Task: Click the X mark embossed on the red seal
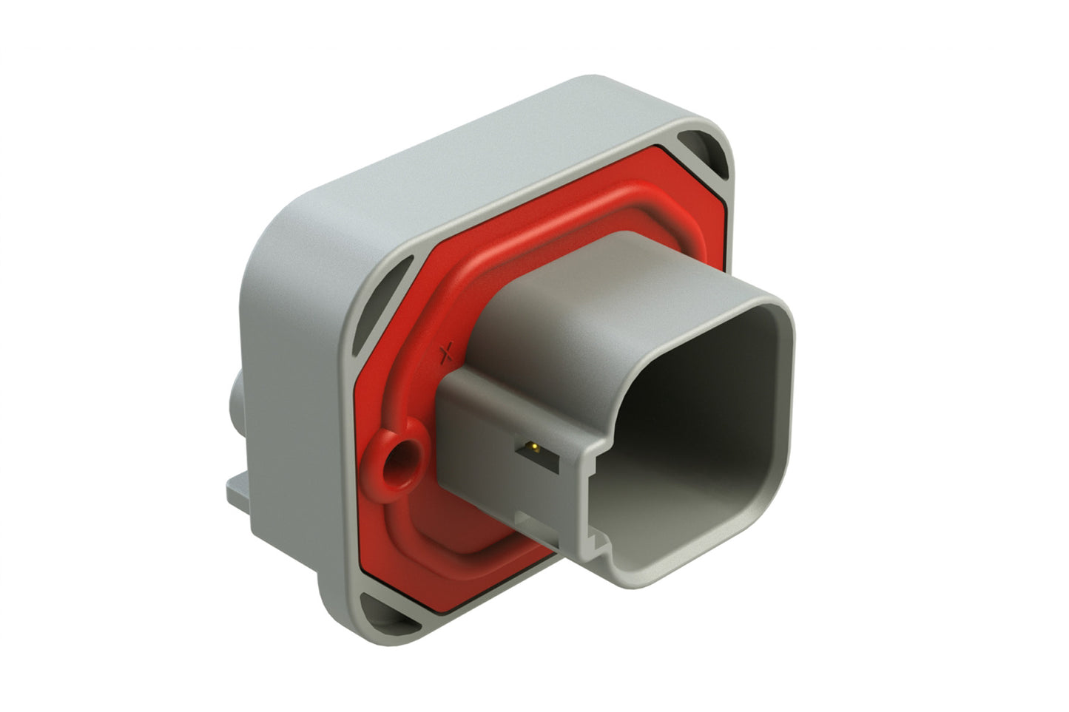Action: (x=445, y=355)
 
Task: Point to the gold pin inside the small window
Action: (x=530, y=447)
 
